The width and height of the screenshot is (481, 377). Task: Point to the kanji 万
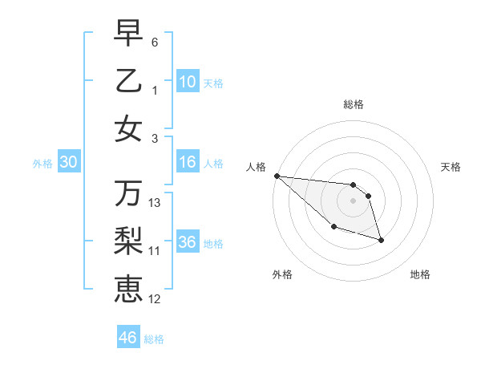pyautogui.click(x=128, y=193)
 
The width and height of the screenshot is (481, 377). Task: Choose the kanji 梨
pyautogui.click(x=128, y=241)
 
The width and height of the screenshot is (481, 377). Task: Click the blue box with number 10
pyautogui.click(x=188, y=82)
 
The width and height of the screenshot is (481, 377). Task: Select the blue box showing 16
pyautogui.click(x=188, y=163)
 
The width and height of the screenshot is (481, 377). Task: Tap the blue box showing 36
pyautogui.click(x=188, y=243)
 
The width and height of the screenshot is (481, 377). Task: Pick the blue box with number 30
pyautogui.click(x=68, y=163)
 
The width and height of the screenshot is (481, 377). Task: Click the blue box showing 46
pyautogui.click(x=127, y=338)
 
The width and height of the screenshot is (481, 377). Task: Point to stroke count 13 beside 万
pyautogui.click(x=155, y=203)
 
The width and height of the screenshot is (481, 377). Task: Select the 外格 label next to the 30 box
pyautogui.click(x=42, y=164)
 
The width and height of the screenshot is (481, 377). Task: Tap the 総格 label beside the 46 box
pyautogui.click(x=154, y=339)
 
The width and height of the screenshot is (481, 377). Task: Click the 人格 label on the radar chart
pyautogui.click(x=257, y=167)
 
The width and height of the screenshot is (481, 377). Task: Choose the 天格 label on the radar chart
pyautogui.click(x=451, y=167)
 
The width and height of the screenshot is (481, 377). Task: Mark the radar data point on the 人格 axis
pyautogui.click(x=277, y=176)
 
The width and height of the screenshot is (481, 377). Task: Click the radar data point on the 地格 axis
pyautogui.click(x=381, y=240)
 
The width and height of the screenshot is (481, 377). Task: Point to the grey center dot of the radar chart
pyautogui.click(x=353, y=201)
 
